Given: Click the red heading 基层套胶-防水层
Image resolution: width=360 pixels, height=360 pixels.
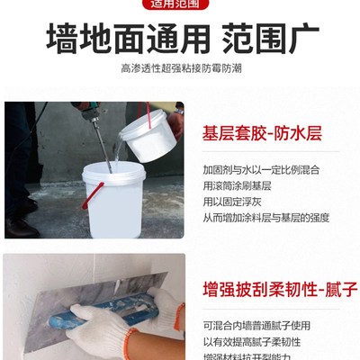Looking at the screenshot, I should pos(263,135).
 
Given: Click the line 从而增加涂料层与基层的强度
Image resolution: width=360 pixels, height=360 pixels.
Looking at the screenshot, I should pos(266,218).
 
